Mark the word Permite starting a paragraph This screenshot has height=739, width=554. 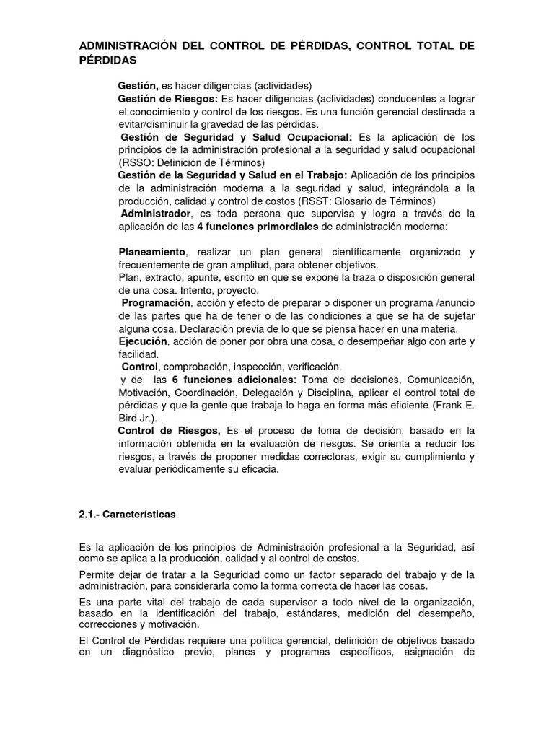point(97,574)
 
